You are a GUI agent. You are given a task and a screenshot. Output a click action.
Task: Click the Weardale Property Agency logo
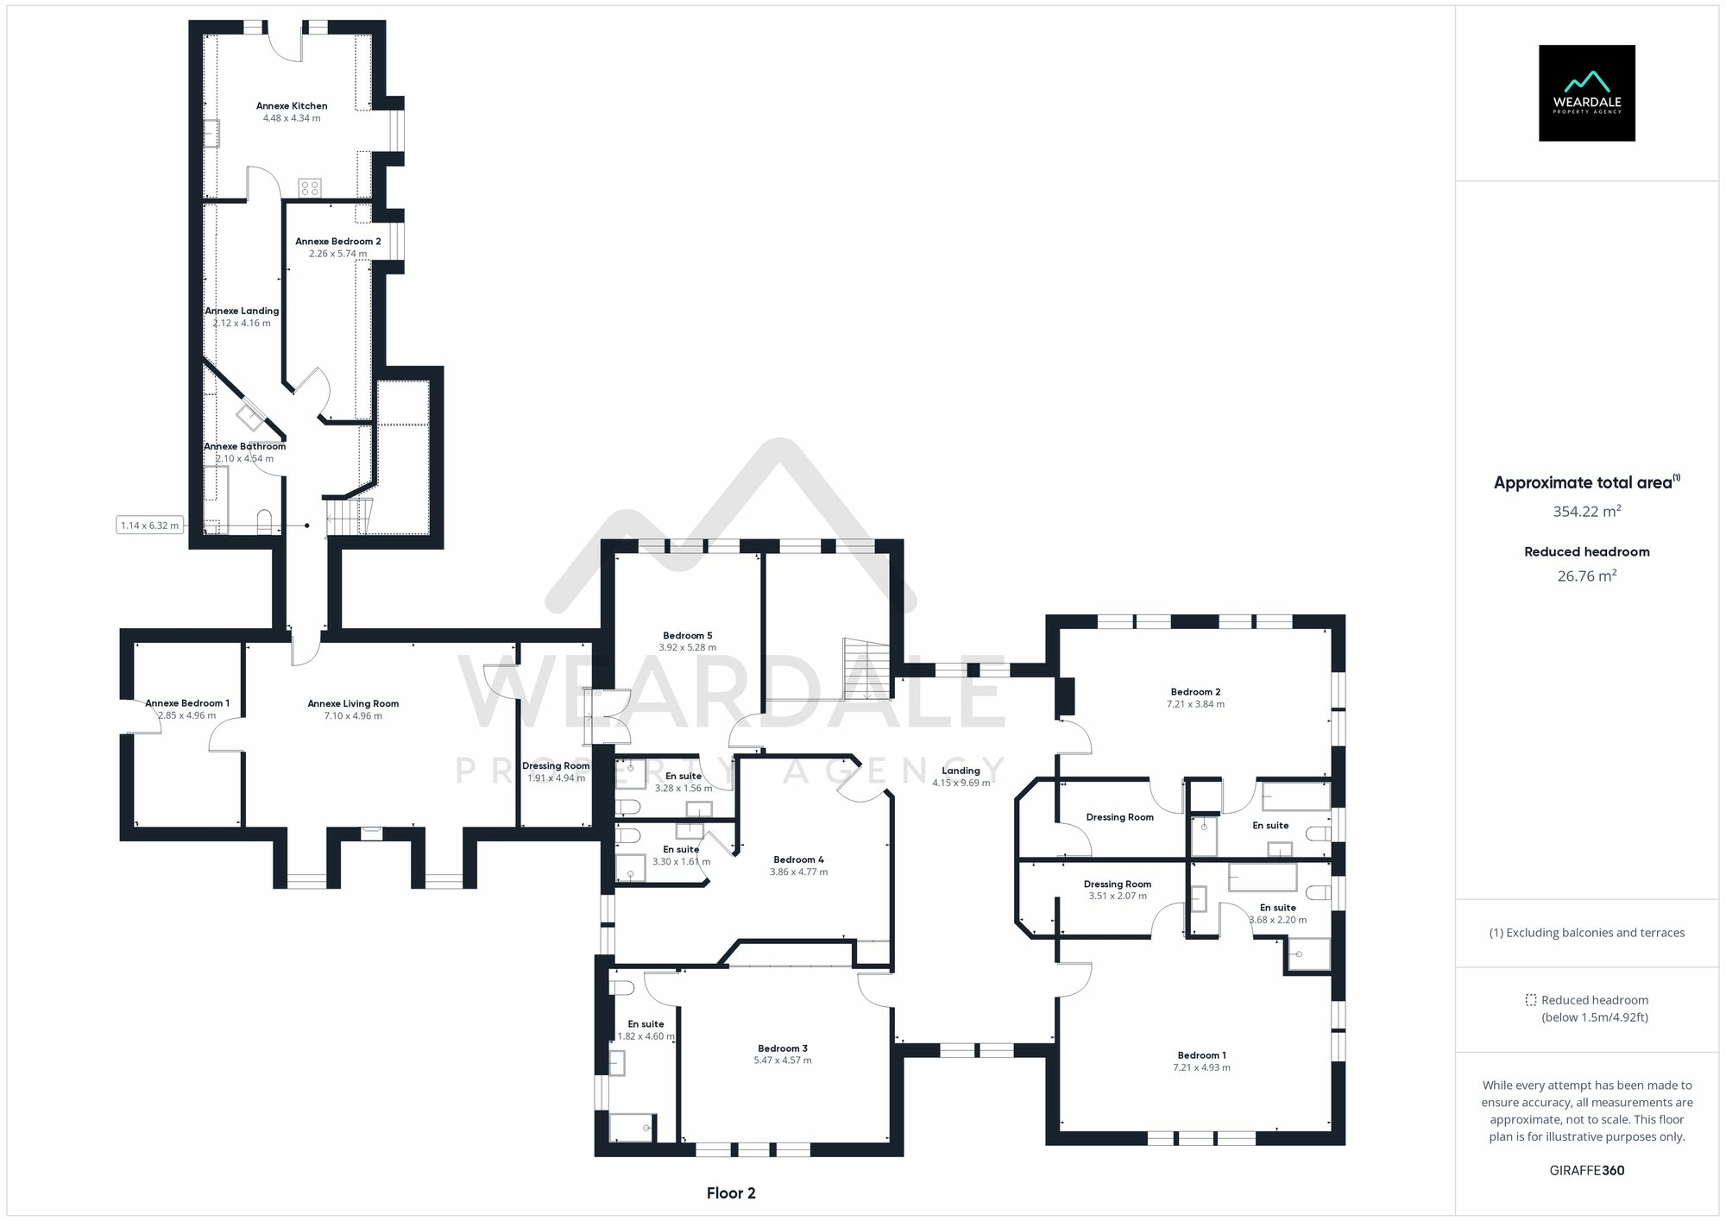point(1586,93)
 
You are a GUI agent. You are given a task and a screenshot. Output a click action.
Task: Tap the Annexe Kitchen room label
point(292,106)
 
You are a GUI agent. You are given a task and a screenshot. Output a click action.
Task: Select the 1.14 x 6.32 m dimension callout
point(150,526)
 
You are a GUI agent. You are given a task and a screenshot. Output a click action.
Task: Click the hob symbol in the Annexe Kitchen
point(310,187)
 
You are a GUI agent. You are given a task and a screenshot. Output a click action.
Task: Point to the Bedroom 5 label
point(687,636)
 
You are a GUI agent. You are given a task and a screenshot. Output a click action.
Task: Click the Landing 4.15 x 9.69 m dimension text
point(961,784)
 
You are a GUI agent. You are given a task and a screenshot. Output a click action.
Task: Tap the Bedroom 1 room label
point(1201,1055)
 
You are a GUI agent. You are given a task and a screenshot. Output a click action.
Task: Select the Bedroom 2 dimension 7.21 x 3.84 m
point(1195,704)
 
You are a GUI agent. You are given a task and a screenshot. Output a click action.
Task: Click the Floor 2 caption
point(730,1193)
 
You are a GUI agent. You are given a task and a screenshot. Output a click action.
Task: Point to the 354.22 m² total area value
point(1586,512)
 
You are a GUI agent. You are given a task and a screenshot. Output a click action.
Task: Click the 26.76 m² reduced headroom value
point(1586,576)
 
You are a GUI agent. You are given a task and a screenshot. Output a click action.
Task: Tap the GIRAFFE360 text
point(1586,1171)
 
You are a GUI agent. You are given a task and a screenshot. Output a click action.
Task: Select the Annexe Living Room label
point(353,704)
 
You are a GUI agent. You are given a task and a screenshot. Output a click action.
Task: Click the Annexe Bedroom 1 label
point(187,703)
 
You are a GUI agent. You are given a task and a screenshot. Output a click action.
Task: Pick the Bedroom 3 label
point(782,1048)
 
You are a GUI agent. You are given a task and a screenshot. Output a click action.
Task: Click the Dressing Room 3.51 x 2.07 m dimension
point(1118,897)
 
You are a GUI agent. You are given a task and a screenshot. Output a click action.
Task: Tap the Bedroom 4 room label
point(798,859)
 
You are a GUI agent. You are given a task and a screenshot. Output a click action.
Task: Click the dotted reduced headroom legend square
point(1530,1000)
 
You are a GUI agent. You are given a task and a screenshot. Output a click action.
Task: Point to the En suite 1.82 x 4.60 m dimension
point(646,1036)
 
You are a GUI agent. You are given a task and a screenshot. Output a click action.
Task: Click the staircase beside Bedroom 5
point(866,669)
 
